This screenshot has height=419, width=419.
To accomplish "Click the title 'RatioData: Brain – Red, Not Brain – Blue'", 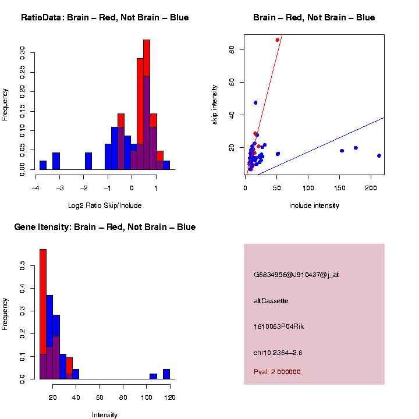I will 105,17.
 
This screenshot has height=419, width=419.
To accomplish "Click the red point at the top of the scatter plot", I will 278,40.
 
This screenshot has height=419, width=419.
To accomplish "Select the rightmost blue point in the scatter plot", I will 379,155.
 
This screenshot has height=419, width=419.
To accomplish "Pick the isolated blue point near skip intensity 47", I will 255,102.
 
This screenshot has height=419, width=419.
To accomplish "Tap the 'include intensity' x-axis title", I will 314,205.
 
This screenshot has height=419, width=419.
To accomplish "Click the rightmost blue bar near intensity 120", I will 166,374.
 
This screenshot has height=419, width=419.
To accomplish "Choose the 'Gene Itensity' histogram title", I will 105,227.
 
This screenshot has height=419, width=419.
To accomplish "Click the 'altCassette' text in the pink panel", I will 271,301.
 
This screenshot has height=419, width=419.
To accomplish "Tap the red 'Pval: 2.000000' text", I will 277,372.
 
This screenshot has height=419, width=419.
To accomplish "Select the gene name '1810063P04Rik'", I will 279,326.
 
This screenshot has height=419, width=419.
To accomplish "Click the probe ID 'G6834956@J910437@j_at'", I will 296,275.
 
